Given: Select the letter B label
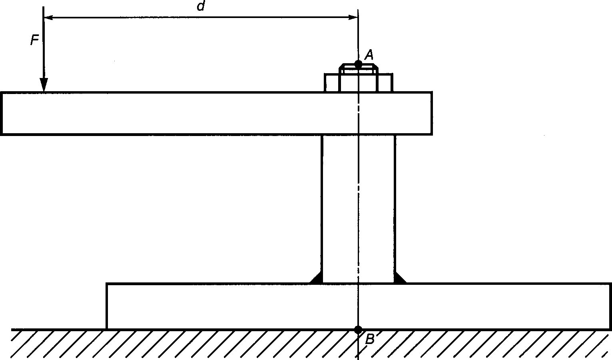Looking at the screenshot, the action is coord(370,340).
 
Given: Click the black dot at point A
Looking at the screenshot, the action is coord(358,64).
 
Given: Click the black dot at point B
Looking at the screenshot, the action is coord(358,330).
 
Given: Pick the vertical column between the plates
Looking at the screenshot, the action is coord(340,208).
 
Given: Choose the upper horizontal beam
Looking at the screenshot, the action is coord(180,114).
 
